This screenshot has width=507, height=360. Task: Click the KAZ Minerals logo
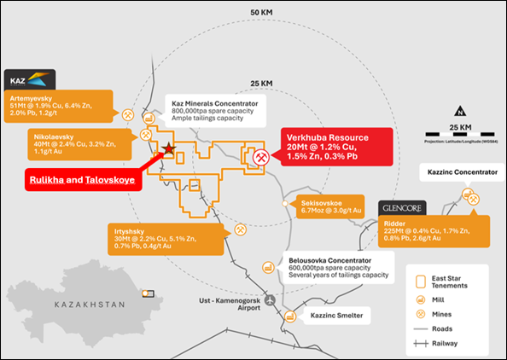click(30, 79)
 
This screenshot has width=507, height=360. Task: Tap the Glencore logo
click(402, 208)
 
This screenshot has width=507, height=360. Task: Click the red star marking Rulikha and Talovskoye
click(169, 149)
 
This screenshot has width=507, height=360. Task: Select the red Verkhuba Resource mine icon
click(261, 157)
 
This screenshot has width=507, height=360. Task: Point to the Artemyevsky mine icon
click(128, 114)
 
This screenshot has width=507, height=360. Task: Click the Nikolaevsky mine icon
click(145, 135)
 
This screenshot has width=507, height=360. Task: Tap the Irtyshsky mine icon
click(240, 229)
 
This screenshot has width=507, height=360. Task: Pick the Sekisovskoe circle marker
click(284, 204)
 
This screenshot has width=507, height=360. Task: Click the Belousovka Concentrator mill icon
click(268, 267)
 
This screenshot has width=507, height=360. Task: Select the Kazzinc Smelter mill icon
click(290, 316)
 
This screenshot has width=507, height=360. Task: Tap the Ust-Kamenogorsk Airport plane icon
click(270, 300)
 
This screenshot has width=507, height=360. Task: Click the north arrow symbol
click(460, 111)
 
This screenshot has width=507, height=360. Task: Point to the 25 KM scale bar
click(460, 134)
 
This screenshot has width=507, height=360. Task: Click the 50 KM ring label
click(261, 13)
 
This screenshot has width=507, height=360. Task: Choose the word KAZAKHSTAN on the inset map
click(90, 305)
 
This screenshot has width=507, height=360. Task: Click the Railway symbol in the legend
click(421, 343)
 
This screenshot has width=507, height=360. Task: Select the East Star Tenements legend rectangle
click(420, 282)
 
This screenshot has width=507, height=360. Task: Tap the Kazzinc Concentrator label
click(463, 172)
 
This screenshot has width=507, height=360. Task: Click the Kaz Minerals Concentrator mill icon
click(149, 119)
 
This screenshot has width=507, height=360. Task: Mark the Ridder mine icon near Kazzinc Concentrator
click(474, 200)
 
